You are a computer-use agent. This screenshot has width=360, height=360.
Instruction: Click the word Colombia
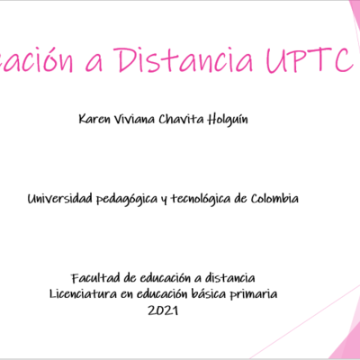pyautogui.click(x=274, y=199)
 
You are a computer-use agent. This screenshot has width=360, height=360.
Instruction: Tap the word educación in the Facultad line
pyautogui.click(x=162, y=278)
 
